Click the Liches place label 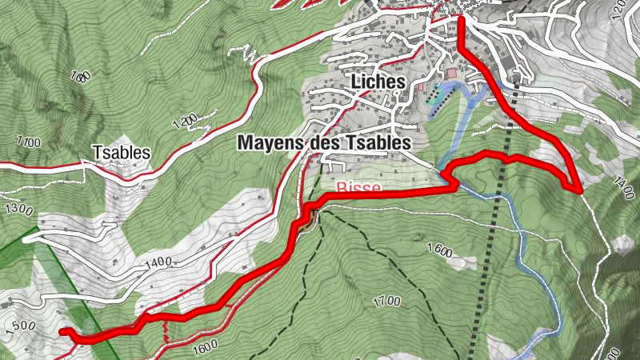click(x=378, y=82)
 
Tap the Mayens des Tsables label click(x=323, y=143)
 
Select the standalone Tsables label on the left click(x=121, y=152)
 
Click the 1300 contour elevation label click(x=18, y=210)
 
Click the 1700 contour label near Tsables click(x=27, y=142)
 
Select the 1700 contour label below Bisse click(x=386, y=302)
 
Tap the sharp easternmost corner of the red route click(x=578, y=190)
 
